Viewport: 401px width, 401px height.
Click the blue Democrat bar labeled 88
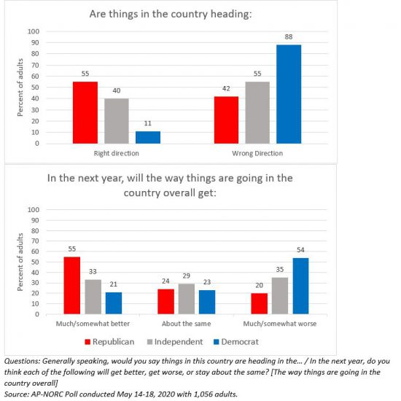click(289, 94)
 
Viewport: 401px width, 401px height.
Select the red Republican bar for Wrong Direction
click(226, 120)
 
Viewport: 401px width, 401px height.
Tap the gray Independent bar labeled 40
click(117, 121)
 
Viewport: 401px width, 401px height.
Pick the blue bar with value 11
click(148, 137)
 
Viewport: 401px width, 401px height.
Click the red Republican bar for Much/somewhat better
click(72, 285)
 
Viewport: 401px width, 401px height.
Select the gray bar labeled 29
click(187, 299)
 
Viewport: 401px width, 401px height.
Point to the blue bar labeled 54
click(300, 286)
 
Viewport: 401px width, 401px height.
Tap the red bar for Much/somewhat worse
click(260, 303)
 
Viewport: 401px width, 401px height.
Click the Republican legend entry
click(109, 342)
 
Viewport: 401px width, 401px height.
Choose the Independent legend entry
click(175, 342)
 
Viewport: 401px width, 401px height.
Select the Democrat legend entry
click(236, 342)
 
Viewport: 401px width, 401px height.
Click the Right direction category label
click(117, 153)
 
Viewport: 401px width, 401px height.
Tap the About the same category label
click(187, 324)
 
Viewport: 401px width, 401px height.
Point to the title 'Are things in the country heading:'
click(171, 14)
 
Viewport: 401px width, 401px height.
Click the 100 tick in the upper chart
click(34, 31)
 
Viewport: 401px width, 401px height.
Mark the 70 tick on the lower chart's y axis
click(35, 241)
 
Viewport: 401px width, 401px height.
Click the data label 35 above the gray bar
click(280, 270)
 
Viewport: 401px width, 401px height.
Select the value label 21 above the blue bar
click(114, 284)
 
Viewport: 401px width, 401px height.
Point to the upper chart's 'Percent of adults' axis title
click(20, 87)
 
